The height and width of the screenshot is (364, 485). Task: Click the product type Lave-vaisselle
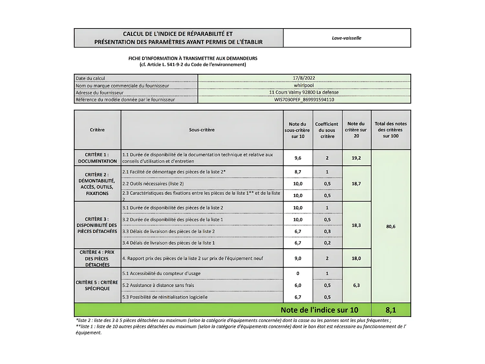(x=346, y=38)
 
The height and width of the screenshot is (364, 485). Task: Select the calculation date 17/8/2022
(x=304, y=78)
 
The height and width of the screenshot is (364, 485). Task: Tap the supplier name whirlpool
(x=304, y=85)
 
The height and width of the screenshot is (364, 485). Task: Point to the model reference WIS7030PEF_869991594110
(x=304, y=100)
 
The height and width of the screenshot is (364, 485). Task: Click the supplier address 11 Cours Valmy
(x=304, y=92)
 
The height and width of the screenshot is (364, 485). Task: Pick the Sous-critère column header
(x=202, y=130)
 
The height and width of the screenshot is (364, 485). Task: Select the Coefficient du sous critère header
(x=327, y=130)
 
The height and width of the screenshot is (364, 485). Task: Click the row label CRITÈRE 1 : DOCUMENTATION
(x=97, y=158)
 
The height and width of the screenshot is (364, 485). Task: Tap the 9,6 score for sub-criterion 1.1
(x=298, y=158)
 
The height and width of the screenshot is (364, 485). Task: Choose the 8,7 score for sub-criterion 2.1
(x=298, y=172)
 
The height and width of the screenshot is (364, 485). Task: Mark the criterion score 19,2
(x=356, y=158)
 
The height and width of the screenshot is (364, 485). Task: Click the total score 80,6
(x=391, y=226)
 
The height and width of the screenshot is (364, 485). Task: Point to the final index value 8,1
(x=391, y=310)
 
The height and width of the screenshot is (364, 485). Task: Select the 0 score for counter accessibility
(x=298, y=273)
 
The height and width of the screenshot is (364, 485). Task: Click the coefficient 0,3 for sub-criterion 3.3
(x=327, y=231)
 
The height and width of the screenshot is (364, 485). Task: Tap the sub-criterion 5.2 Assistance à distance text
(x=158, y=285)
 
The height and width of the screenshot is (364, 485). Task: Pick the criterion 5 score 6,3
(x=356, y=285)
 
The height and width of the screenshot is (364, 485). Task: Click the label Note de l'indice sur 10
(x=319, y=310)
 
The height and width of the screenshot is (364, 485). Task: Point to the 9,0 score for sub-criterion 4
(x=298, y=258)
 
